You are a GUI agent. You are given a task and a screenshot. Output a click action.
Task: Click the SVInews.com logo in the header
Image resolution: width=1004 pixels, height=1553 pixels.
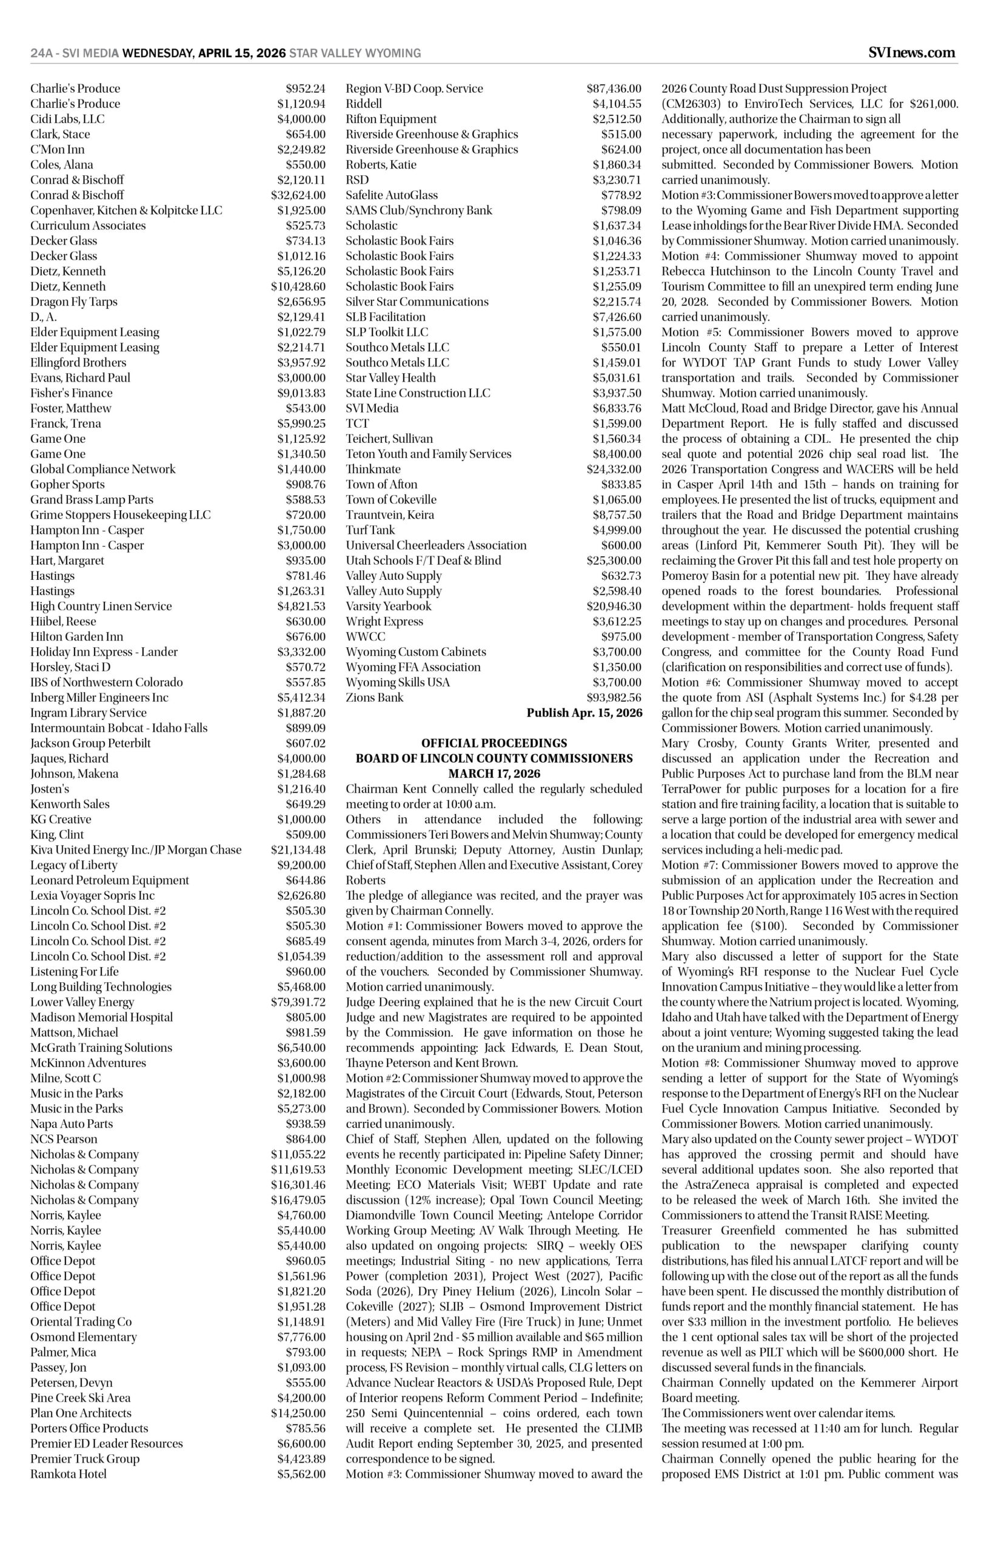coord(912,53)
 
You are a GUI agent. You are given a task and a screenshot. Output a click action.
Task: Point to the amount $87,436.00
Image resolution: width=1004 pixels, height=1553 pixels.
coord(614,88)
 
